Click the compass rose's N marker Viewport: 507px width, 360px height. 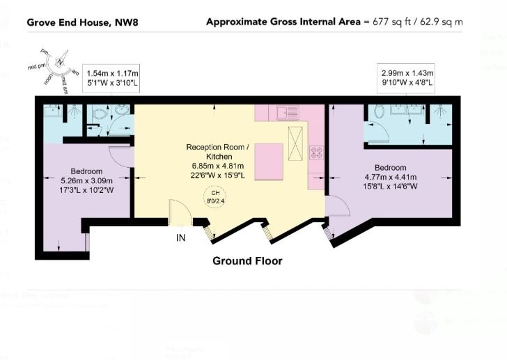click(x=61, y=61)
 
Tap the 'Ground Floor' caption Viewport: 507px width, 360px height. click(x=247, y=261)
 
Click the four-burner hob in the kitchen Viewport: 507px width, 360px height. click(x=316, y=152)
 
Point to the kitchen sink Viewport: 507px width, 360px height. click(x=287, y=111)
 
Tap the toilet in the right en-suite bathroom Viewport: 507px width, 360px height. click(x=380, y=111)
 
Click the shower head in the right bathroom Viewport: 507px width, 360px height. click(x=439, y=110)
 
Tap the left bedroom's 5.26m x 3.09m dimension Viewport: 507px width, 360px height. click(x=86, y=180)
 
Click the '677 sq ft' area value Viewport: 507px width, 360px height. click(x=387, y=22)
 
